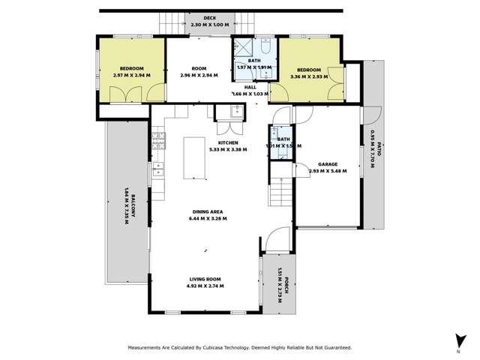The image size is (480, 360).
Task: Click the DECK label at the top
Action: pos(199,19)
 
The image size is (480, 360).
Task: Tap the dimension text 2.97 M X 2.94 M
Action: pos(132,76)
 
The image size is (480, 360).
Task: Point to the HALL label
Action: pos(250,87)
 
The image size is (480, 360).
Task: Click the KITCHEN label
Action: pos(228,142)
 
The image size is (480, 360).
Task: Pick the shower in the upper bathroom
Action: pos(243,48)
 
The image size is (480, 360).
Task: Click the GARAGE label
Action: pos(327,163)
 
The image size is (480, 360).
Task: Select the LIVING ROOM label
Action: pos(205,279)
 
